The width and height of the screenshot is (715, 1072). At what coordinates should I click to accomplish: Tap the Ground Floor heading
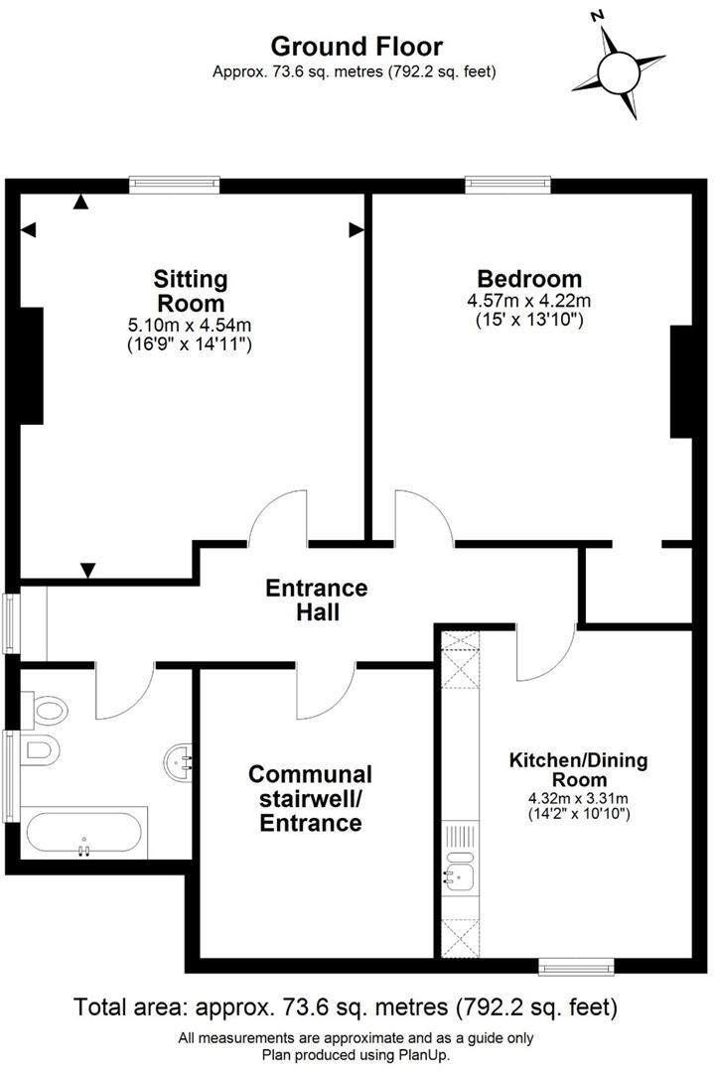[x=357, y=46]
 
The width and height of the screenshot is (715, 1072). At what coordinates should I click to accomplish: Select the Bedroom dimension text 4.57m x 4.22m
[x=529, y=301]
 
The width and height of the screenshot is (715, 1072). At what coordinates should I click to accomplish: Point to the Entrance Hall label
[x=316, y=600]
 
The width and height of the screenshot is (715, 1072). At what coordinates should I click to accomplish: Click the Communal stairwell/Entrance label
[x=310, y=798]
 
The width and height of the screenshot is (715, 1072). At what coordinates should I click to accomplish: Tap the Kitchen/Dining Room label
[x=578, y=771]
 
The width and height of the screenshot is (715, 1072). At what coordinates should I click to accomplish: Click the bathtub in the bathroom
[x=83, y=834]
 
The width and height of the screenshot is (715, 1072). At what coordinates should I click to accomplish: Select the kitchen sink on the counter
[x=460, y=871]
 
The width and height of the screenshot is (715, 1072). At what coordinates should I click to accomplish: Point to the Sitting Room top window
[x=174, y=184]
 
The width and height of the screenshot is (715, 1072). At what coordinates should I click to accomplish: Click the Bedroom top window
[x=508, y=184]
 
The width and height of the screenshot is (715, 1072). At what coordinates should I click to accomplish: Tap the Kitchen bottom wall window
[x=576, y=965]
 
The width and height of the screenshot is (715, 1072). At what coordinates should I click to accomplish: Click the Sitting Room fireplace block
[x=30, y=365]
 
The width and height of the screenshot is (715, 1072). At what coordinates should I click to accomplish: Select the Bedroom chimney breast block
[x=681, y=381]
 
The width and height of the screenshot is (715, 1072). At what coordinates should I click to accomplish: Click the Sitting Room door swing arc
[x=275, y=517]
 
